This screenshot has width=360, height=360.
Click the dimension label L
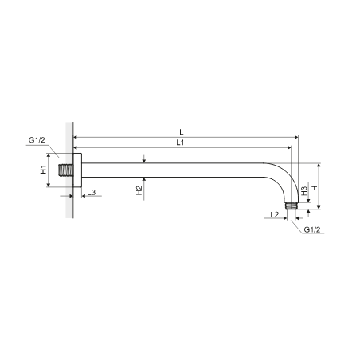point(182,132)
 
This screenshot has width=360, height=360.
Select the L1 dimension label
point(180,143)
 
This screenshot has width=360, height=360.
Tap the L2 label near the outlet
point(275,214)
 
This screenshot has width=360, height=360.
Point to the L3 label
point(91,192)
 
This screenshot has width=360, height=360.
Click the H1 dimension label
point(43,170)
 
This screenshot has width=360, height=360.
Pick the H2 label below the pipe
point(139,190)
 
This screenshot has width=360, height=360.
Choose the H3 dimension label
point(304,190)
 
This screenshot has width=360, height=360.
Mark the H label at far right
point(315,188)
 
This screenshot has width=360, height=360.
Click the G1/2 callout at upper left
point(37,140)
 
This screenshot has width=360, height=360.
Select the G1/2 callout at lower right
point(312,229)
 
